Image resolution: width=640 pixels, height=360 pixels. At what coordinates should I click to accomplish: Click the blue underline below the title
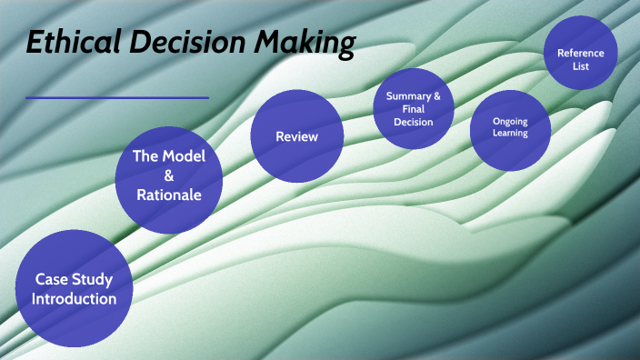117,97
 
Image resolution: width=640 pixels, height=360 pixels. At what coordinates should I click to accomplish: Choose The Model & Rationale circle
169,176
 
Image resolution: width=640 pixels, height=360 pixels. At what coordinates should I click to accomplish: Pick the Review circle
296,137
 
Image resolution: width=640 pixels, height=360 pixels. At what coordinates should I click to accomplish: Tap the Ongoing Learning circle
510,129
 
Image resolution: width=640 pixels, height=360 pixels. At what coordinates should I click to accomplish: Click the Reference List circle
580,54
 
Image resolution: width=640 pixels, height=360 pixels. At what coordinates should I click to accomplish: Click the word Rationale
169,194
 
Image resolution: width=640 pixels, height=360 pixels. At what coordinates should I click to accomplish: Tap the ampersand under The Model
169,175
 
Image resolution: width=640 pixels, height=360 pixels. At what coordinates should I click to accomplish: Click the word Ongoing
510,122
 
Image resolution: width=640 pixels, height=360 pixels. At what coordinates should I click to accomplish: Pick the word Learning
510,135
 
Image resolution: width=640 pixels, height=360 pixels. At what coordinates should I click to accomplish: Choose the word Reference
580,53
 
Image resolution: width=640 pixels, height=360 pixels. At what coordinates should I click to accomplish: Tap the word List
580,65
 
